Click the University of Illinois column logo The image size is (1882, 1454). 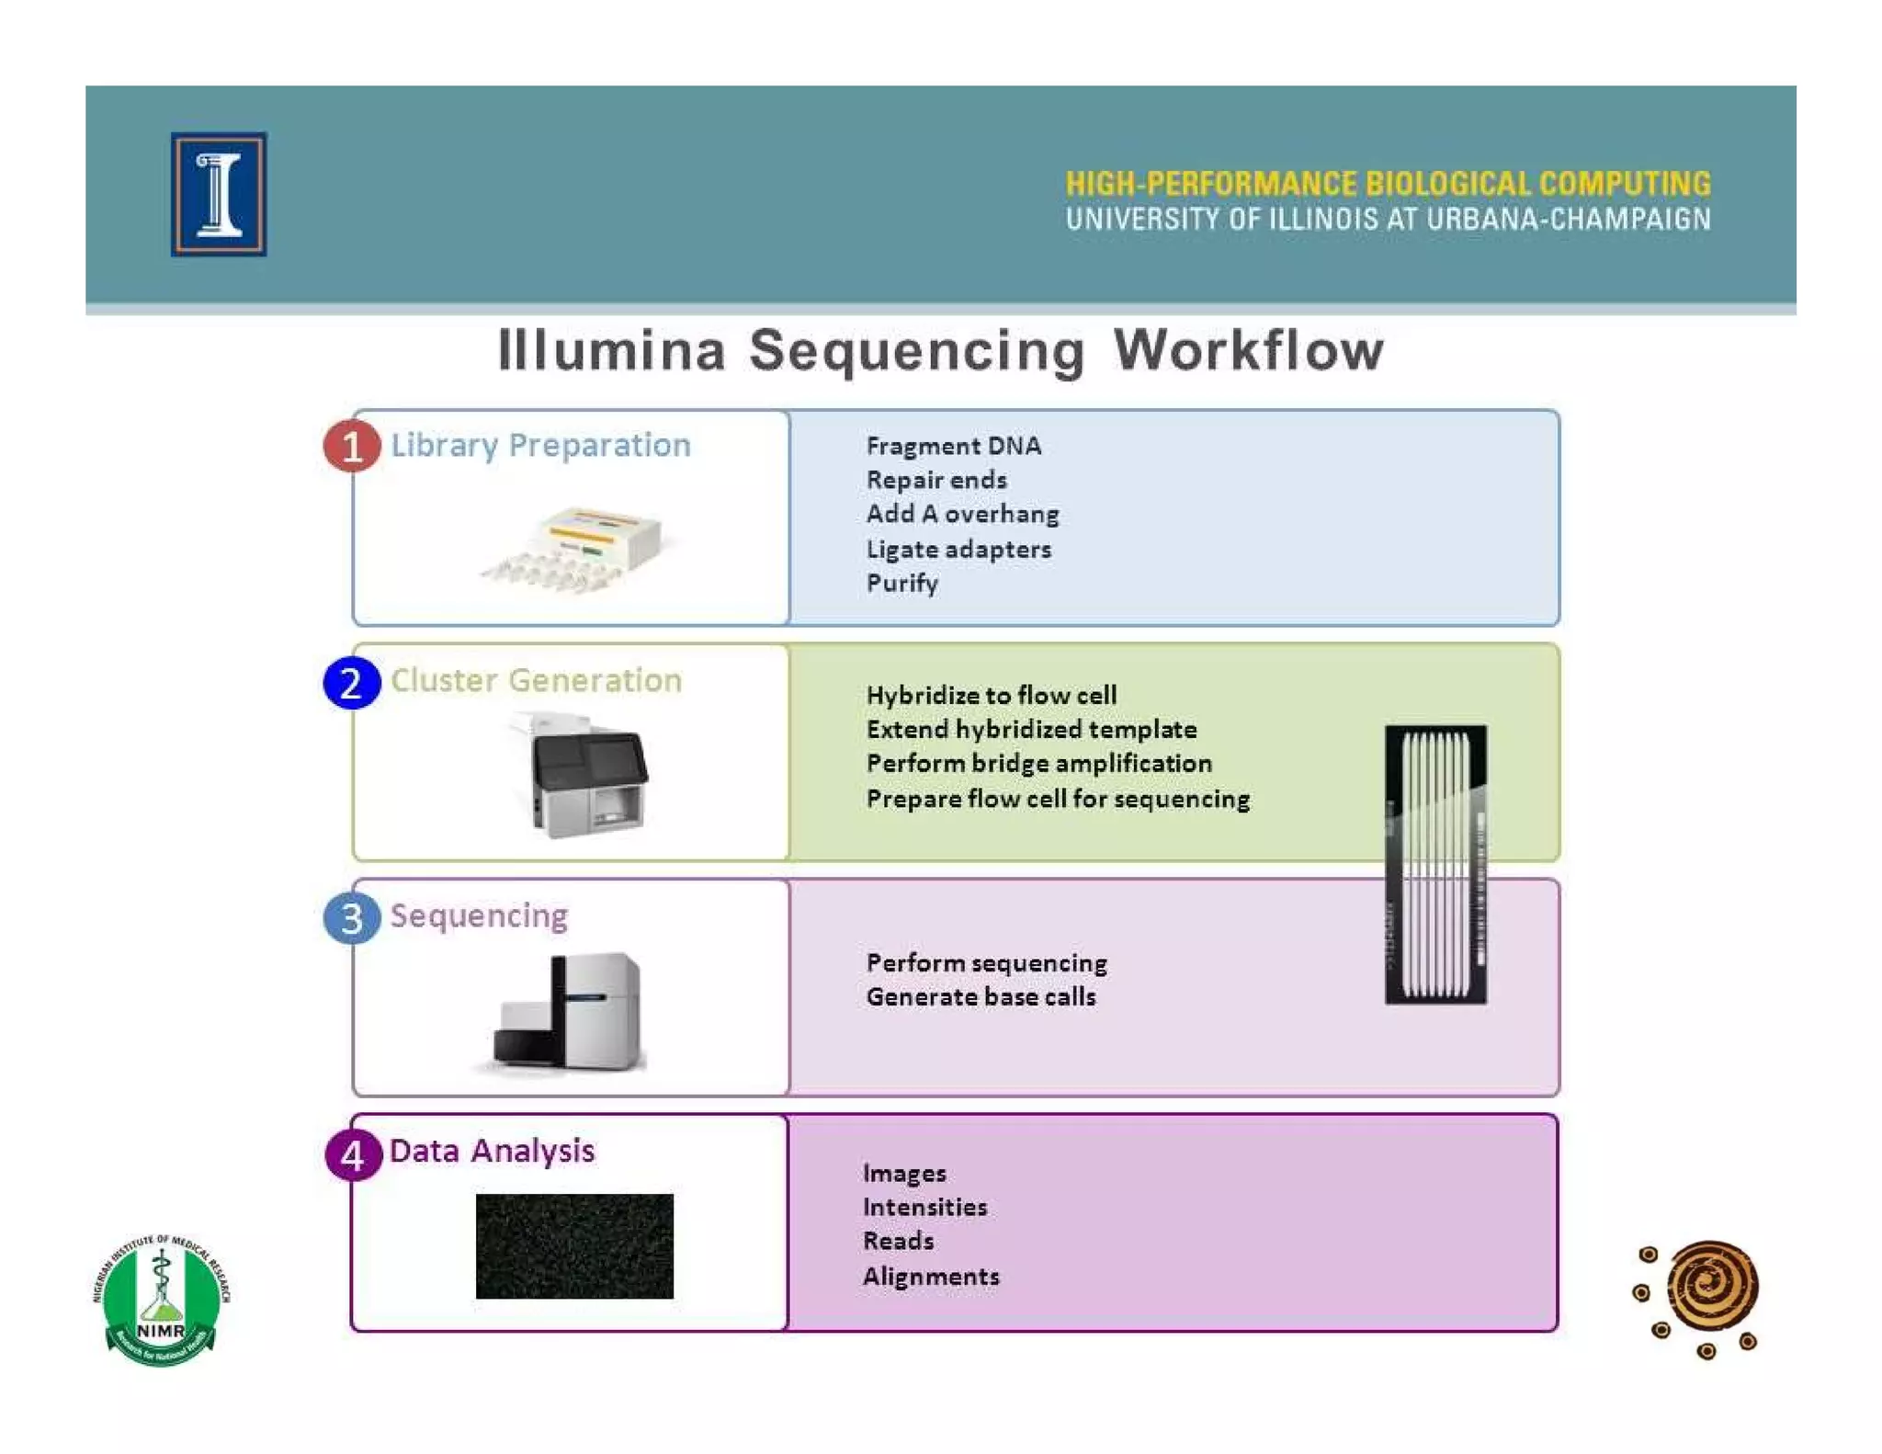click(x=219, y=194)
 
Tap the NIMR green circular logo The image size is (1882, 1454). click(x=161, y=1300)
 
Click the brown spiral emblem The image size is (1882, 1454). click(x=1708, y=1288)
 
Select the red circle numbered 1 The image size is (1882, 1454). click(x=351, y=447)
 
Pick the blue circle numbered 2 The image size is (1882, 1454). click(x=351, y=683)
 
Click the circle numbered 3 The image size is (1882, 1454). click(x=351, y=918)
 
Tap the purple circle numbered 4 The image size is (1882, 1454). click(x=352, y=1154)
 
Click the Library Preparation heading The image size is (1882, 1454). click(x=540, y=446)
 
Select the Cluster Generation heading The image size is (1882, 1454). click(x=536, y=681)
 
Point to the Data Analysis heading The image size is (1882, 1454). click(x=492, y=1151)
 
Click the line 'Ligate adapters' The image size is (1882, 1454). click(x=958, y=550)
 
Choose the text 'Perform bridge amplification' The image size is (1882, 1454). click(x=1038, y=764)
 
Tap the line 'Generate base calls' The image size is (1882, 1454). click(x=981, y=997)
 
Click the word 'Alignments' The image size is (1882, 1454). click(x=931, y=1277)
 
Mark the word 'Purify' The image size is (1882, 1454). click(x=901, y=584)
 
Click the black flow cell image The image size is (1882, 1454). click(x=1435, y=864)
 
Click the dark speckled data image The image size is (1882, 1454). click(x=574, y=1246)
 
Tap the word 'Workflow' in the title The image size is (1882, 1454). click(x=1248, y=351)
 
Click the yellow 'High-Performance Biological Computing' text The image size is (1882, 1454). click(x=1388, y=184)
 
